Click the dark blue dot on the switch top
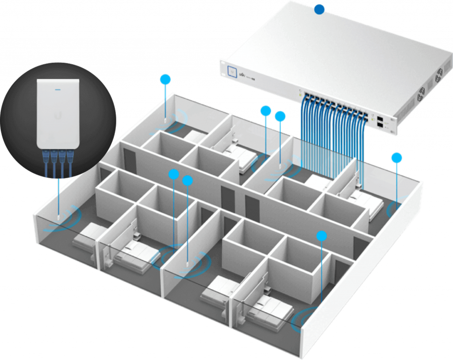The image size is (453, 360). tap(319, 10)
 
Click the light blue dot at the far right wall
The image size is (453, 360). tap(397, 158)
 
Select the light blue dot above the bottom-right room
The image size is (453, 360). tap(322, 236)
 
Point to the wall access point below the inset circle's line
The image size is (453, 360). tap(58, 217)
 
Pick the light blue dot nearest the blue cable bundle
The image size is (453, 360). tap(280, 116)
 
